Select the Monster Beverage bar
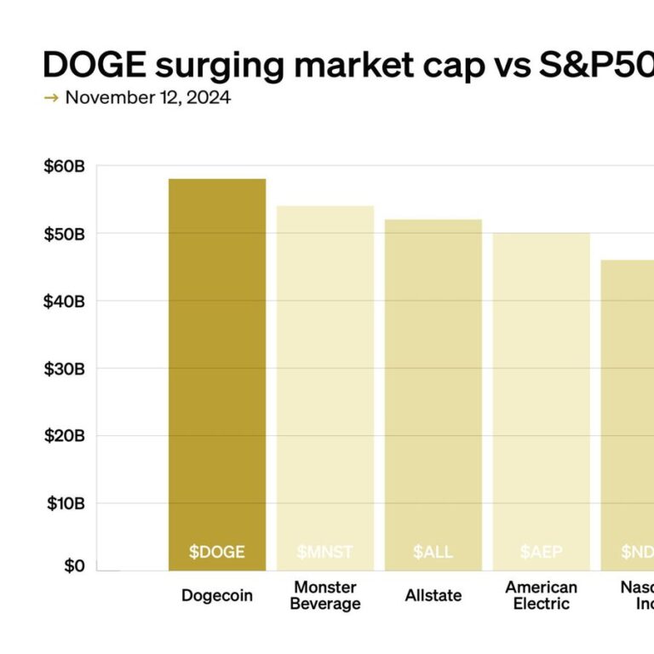pyautogui.click(x=325, y=383)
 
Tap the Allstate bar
pyautogui.click(x=433, y=392)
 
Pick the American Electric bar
pyautogui.click(x=542, y=400)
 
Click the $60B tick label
pyautogui.click(x=65, y=167)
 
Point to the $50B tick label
pyautogui.click(x=65, y=234)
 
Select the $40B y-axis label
pyautogui.click(x=65, y=301)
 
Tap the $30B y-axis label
pyautogui.click(x=65, y=369)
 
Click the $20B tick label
pyautogui.click(x=65, y=436)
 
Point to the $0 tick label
pyautogui.click(x=74, y=566)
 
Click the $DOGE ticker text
pyautogui.click(x=217, y=552)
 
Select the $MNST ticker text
pyautogui.click(x=325, y=552)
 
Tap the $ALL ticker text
pyautogui.click(x=433, y=552)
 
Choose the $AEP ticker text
pyautogui.click(x=542, y=552)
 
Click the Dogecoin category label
pyautogui.click(x=217, y=596)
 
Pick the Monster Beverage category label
pyautogui.click(x=326, y=595)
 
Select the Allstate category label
pyautogui.click(x=433, y=596)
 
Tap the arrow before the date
pyautogui.click(x=51, y=98)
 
